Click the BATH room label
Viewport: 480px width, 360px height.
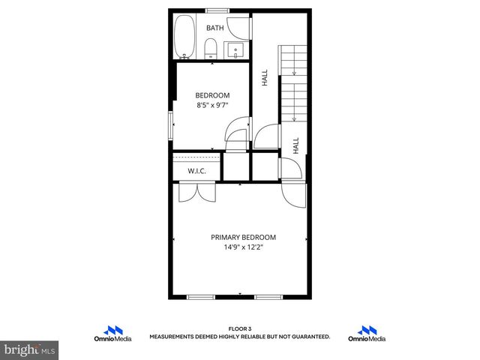coord(215,28)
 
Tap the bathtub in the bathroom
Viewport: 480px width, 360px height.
coord(184,38)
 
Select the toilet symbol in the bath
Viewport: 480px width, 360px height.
coord(211,50)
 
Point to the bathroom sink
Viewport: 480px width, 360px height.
coord(237,51)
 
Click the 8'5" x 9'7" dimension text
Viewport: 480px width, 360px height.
coord(212,106)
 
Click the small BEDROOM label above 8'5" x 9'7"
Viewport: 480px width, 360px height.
coord(212,95)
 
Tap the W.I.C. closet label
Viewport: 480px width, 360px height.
coord(197,171)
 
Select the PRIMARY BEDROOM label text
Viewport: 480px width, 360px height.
coord(243,236)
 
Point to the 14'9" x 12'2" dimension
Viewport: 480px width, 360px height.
coord(243,247)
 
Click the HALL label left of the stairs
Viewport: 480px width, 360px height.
coord(265,77)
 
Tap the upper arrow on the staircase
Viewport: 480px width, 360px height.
coord(294,73)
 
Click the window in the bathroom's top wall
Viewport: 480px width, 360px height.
coord(217,10)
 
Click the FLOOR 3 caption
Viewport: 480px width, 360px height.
coord(239,328)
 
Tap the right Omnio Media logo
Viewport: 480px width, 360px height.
coord(367,334)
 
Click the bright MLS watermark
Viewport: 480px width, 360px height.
coord(30,349)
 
